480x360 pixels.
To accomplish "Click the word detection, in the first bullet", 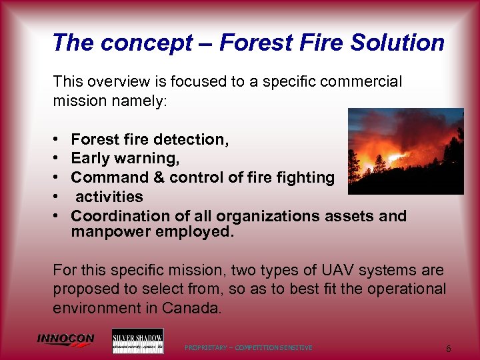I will coord(192,139).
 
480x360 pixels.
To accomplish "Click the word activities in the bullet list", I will coord(109,197).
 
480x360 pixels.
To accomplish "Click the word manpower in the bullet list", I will coord(110,232).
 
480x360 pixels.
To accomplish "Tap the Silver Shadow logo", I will coord(137,341).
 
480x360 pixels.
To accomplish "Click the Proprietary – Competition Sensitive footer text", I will coord(249,348).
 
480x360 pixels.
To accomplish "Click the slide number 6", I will coord(449,349).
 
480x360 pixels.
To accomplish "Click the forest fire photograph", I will coord(406,151).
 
